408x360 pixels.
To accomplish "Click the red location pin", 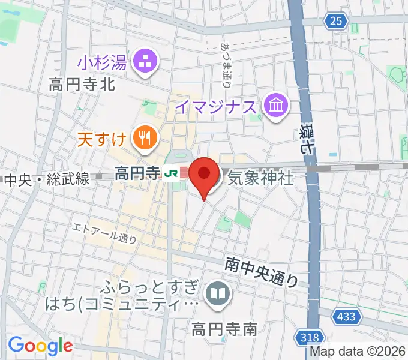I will pos(204,175).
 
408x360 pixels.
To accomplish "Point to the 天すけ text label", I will pos(102,140).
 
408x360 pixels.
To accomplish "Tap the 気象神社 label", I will pos(260,178).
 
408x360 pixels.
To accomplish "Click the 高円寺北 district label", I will pos(82,85).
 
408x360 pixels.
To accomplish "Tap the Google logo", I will pos(40,345).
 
